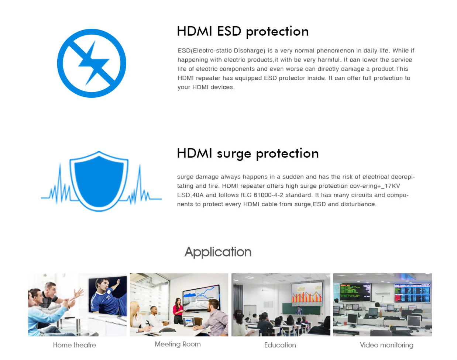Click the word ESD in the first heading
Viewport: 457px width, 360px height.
(x=229, y=31)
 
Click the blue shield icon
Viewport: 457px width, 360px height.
(x=99, y=181)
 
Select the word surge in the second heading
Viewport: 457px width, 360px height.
(x=234, y=154)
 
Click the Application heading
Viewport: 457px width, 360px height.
(x=218, y=252)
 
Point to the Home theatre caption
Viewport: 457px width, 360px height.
(x=75, y=345)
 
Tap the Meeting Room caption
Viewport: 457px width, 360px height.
(x=178, y=344)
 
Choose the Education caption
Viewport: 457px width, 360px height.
(x=280, y=345)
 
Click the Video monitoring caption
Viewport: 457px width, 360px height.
(x=386, y=345)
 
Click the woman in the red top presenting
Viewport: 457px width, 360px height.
(x=178, y=311)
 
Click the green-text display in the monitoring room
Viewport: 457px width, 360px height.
(x=355, y=292)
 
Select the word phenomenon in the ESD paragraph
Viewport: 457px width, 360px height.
(x=336, y=51)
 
